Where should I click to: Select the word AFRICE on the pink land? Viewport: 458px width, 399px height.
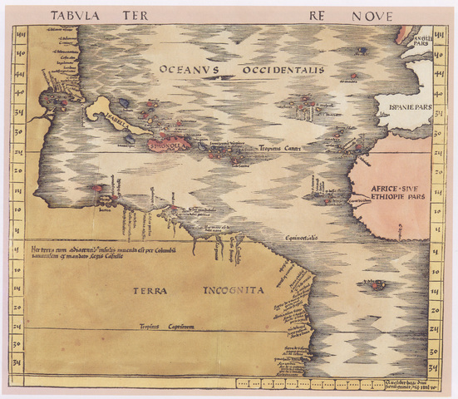pyautogui.click(x=375, y=187)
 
